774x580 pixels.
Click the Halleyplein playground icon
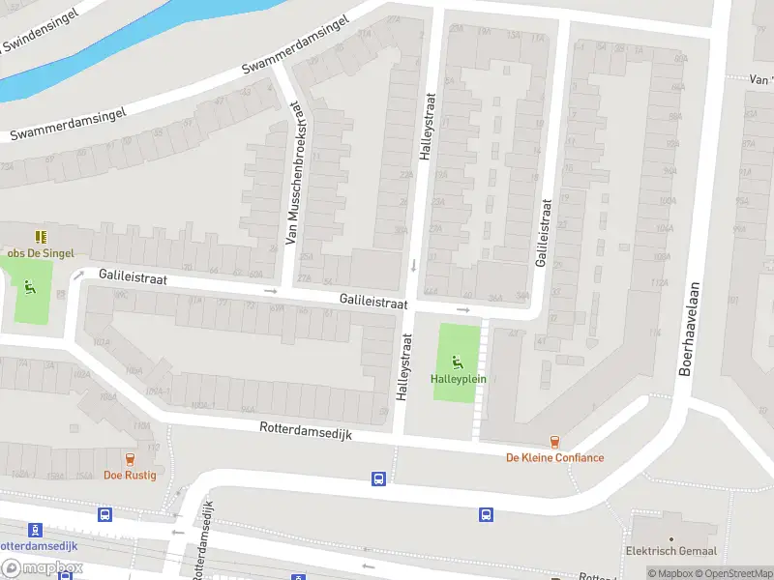tap(459, 362)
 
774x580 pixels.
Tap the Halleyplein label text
tap(459, 379)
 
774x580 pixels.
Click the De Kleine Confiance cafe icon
tap(554, 442)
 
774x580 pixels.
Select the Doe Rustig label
tap(131, 475)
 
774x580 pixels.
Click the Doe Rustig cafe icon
tap(131, 459)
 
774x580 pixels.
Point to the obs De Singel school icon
tap(42, 237)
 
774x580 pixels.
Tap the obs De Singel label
tap(41, 253)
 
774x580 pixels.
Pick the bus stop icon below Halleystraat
tap(378, 478)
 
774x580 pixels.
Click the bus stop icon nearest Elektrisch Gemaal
tap(487, 514)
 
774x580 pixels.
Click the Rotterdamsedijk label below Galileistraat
tap(306, 432)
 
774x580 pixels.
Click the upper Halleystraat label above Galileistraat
tap(429, 126)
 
